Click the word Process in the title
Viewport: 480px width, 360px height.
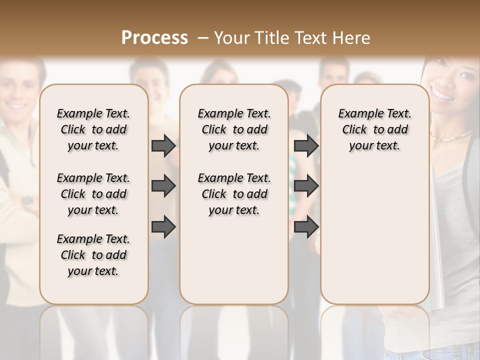(154, 38)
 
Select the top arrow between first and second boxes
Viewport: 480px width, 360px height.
(163, 145)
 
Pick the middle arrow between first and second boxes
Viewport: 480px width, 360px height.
(163, 186)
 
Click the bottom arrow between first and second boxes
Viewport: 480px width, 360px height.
(163, 226)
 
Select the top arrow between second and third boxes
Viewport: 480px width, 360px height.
(306, 145)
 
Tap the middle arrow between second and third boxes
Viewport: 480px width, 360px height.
(306, 186)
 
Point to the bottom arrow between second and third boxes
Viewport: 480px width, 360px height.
(306, 226)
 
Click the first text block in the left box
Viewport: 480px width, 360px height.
(93, 129)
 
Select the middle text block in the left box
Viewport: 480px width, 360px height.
(93, 194)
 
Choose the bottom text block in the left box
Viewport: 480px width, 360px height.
(93, 255)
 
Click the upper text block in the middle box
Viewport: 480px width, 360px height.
(234, 129)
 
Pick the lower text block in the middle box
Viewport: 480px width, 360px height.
(234, 194)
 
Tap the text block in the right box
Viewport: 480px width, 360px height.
(374, 129)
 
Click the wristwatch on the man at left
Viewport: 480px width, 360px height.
(28, 201)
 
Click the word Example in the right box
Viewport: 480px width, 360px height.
(358, 114)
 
